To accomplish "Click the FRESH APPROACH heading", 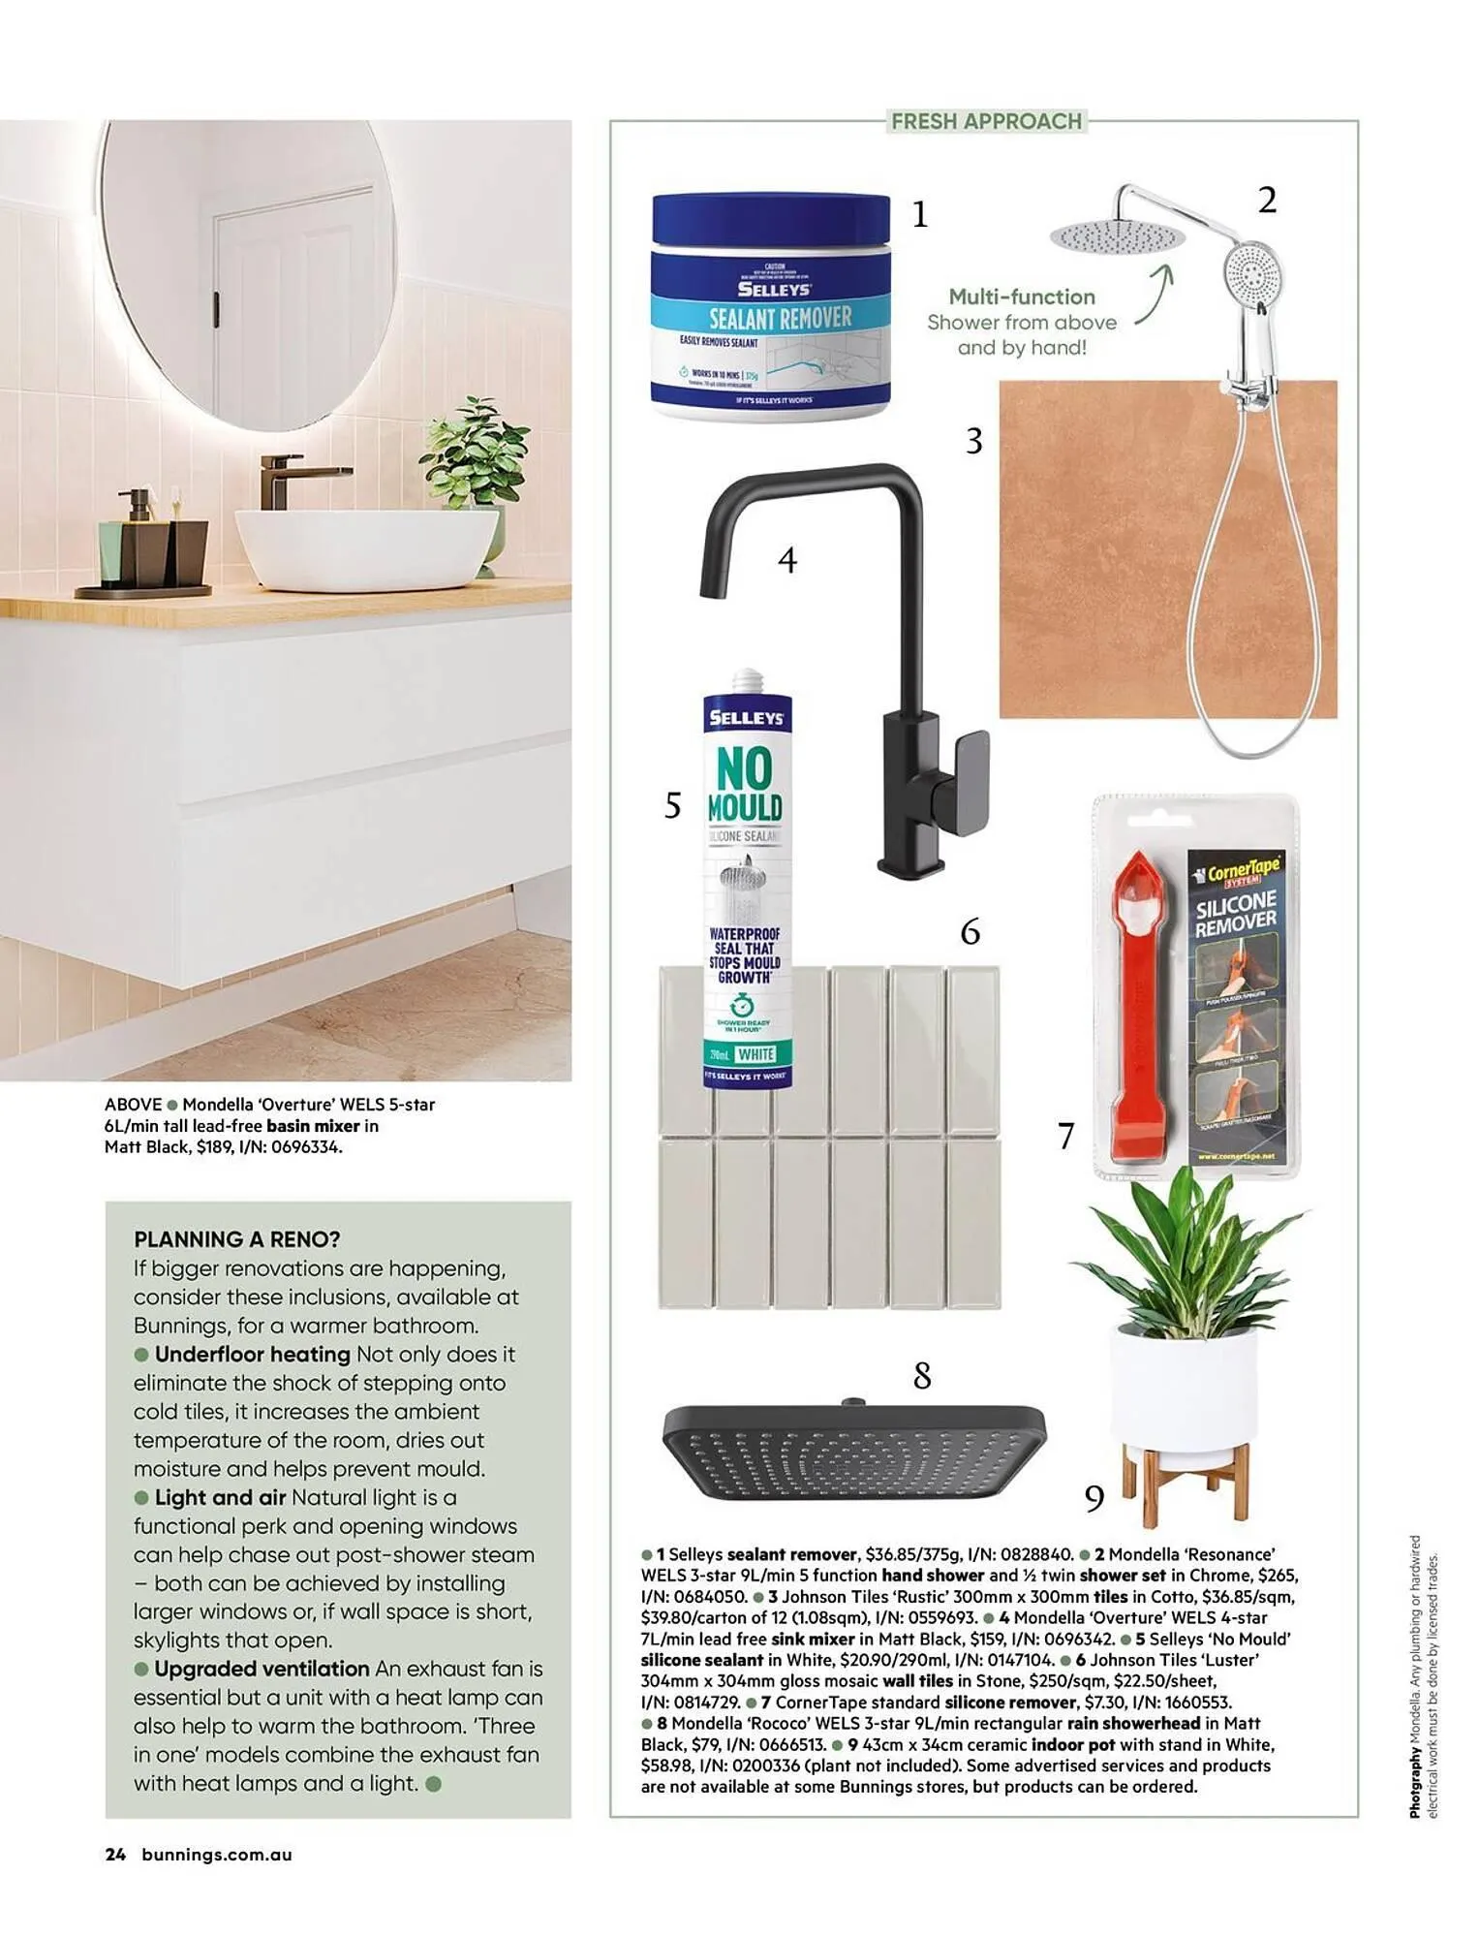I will click(x=986, y=121).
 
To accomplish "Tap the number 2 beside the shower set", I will click(x=1267, y=201).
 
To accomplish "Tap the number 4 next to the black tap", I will click(x=787, y=560).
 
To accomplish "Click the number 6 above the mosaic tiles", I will click(x=971, y=932).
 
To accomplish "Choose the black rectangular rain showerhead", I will click(x=853, y=1451).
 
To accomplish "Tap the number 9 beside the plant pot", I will click(x=1094, y=1499).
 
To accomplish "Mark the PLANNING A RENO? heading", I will click(x=237, y=1239).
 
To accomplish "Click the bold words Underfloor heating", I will click(x=252, y=1354).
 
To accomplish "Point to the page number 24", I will click(x=115, y=1855).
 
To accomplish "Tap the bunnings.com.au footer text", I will click(x=217, y=1855).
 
